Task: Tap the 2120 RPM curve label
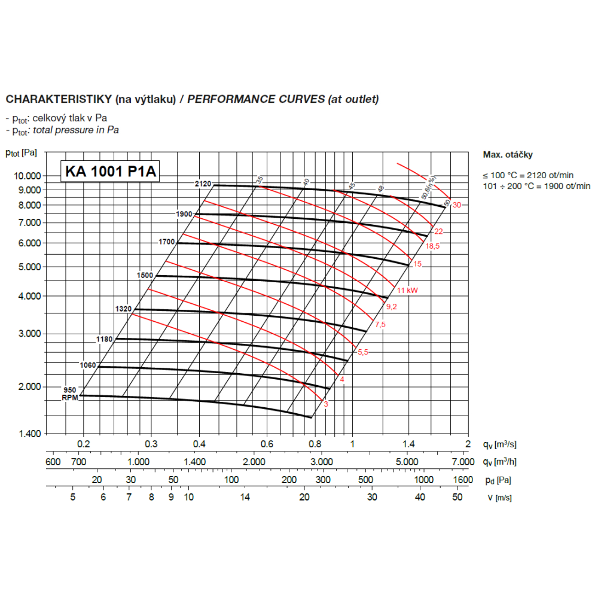pos(203,184)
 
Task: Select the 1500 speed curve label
pos(145,275)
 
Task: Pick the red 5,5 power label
pos(363,352)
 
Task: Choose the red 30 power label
pos(457,205)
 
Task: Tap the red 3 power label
pos(326,404)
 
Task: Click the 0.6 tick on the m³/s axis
pos(267,444)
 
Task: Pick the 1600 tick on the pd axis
pos(463,480)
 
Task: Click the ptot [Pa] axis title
pos(22,152)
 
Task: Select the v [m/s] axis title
pos(499,498)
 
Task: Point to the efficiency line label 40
pos(306,181)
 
